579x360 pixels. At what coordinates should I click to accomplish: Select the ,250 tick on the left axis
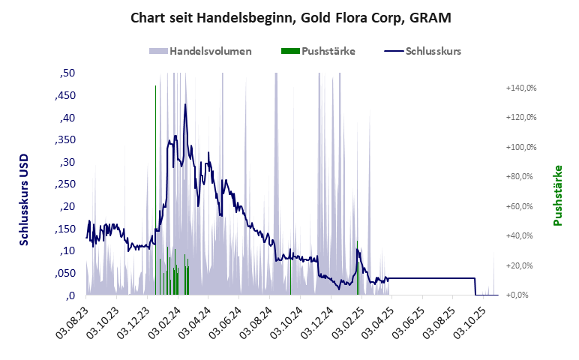click(x=64, y=184)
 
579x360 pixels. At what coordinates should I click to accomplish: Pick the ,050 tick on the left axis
click(x=64, y=273)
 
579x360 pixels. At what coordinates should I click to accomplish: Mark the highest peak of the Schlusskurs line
click(x=184, y=104)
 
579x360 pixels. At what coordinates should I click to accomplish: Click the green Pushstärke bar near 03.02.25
click(x=358, y=270)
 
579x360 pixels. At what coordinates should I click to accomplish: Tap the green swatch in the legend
click(x=289, y=52)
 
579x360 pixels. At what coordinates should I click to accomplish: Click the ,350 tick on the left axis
click(x=64, y=140)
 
